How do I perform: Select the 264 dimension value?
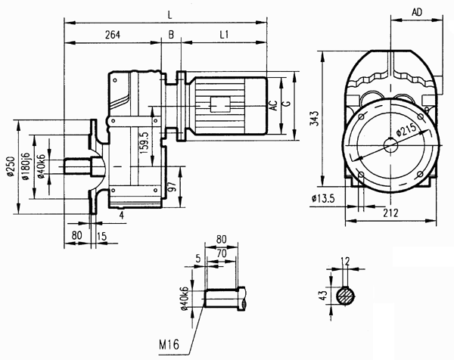point(113,35)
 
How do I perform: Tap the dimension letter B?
point(172,35)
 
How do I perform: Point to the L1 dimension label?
point(225,35)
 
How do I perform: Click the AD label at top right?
point(416,14)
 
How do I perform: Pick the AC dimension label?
point(275,107)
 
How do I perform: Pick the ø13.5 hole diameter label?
point(322,200)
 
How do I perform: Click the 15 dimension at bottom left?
point(103,237)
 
